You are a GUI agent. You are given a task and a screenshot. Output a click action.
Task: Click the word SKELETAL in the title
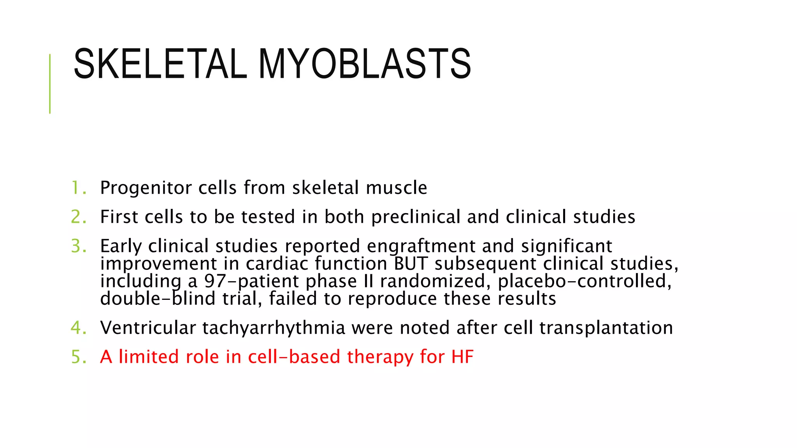[160, 64]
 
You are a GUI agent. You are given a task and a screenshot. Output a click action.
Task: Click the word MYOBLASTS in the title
[365, 64]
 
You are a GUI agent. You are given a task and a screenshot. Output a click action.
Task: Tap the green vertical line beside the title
[50, 84]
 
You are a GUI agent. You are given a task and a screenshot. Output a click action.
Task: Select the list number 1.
[78, 188]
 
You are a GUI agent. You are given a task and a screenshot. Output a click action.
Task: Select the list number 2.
[78, 217]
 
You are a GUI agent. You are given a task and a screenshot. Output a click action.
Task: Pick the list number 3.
[78, 246]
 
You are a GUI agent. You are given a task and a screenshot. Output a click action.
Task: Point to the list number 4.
[78, 328]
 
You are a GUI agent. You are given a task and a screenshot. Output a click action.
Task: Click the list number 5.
[78, 357]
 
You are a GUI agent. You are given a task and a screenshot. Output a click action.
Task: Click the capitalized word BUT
[411, 264]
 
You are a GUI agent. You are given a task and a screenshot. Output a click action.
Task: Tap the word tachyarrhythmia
[274, 328]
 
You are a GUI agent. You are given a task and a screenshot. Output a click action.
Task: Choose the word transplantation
[606, 328]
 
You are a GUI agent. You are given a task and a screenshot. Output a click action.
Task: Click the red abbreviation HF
[462, 357]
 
